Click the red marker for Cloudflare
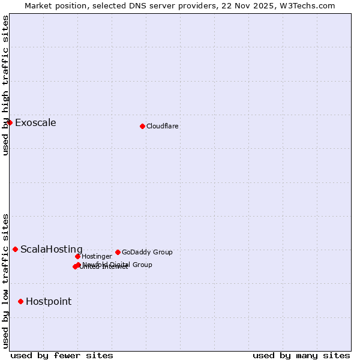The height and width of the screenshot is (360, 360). pyautogui.click(x=142, y=126)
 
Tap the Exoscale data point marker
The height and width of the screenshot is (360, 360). pyautogui.click(x=10, y=122)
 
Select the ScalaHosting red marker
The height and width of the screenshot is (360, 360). pyautogui.click(x=15, y=249)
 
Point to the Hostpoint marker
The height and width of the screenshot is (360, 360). pyautogui.click(x=20, y=301)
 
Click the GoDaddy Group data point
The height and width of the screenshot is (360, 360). pyautogui.click(x=118, y=252)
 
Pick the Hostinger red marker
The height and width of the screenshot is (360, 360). pyautogui.click(x=77, y=256)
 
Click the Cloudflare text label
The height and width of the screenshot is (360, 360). pyautogui.click(x=163, y=126)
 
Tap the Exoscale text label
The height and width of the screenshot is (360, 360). pyautogui.click(x=35, y=123)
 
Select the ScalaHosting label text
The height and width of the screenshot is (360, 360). pyautogui.click(x=52, y=250)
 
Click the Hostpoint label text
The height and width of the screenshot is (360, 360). pyautogui.click(x=49, y=302)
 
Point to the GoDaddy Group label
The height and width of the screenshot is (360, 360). pyautogui.click(x=147, y=253)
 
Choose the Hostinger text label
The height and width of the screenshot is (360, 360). pyautogui.click(x=97, y=257)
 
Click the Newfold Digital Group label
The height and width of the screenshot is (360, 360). pyautogui.click(x=118, y=265)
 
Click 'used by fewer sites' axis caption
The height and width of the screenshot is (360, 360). pyautogui.click(x=62, y=355)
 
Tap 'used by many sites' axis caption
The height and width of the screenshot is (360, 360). pyautogui.click(x=301, y=355)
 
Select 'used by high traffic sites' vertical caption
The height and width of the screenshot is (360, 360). pyautogui.click(x=5, y=85)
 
